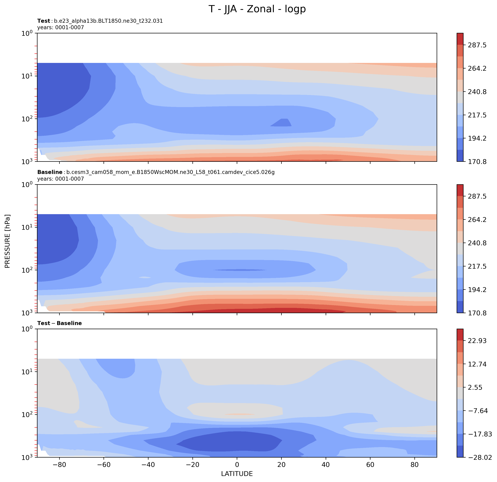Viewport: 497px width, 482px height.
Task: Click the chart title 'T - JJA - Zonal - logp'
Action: pyautogui.click(x=257, y=9)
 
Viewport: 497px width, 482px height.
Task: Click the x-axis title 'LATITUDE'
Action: pyautogui.click(x=237, y=474)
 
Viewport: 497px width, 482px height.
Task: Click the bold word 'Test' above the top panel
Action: pyautogui.click(x=44, y=21)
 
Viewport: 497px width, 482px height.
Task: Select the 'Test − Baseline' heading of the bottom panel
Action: pyautogui.click(x=60, y=323)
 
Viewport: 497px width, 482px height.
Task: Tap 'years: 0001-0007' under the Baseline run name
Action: pyautogui.click(x=60, y=179)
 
